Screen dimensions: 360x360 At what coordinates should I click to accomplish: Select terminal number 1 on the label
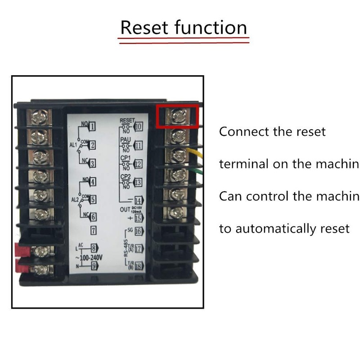point(92,126)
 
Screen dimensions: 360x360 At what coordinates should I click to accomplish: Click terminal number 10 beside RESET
point(138,126)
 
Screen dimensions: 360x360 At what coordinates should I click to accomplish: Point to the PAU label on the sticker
point(125,140)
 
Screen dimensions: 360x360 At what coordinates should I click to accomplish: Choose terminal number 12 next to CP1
point(138,164)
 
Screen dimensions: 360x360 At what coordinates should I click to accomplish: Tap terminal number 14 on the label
point(138,201)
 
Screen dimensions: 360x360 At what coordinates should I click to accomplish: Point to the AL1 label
point(74,145)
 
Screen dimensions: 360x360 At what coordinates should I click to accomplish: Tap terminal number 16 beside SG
point(138,232)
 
